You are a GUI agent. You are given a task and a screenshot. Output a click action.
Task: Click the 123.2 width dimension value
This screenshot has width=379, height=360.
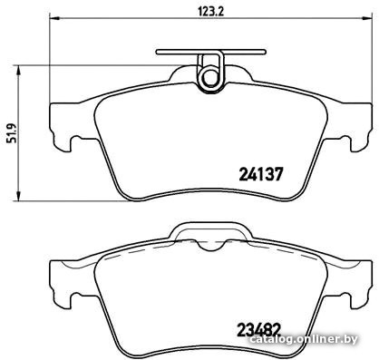(x=210, y=12)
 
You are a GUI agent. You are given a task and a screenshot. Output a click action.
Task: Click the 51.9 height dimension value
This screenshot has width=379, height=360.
(x=12, y=133)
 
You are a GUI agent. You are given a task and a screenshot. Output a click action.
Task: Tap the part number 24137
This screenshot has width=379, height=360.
(x=261, y=174)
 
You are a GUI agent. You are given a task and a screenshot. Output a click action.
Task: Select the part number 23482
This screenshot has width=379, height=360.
(x=259, y=330)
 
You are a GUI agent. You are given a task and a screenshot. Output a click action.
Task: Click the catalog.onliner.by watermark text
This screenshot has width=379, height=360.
(x=304, y=339)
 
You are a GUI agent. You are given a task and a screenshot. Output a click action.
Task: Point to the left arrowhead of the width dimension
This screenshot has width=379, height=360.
(x=54, y=17)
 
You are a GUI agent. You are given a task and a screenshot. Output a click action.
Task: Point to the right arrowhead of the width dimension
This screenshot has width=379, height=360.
(x=365, y=17)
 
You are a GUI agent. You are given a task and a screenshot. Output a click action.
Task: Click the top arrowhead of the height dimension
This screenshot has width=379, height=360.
(x=18, y=71)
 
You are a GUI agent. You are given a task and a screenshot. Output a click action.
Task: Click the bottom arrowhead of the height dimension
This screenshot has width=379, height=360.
(x=18, y=195)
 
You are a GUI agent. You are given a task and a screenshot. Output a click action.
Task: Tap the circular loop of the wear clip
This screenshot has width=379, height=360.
(x=209, y=77)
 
